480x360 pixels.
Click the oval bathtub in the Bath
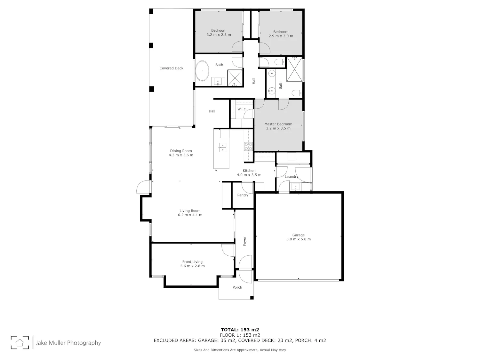202,71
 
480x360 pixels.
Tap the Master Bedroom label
278,124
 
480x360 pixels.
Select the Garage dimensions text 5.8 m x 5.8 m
299,239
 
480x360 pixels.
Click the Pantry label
243,195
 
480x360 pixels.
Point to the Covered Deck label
171,68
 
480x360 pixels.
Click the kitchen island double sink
223,148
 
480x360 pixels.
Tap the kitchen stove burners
248,146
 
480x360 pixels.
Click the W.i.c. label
242,109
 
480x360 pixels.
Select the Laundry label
292,176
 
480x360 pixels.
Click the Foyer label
244,241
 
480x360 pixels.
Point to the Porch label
237,287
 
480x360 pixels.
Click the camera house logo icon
20,342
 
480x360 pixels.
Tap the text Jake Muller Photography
68,343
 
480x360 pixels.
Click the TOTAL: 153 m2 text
240,330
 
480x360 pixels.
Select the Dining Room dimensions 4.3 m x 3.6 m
181,155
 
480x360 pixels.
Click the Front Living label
192,262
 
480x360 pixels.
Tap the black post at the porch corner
252,298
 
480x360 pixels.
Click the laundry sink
295,187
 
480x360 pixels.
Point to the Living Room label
190,211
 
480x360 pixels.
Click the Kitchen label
249,171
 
